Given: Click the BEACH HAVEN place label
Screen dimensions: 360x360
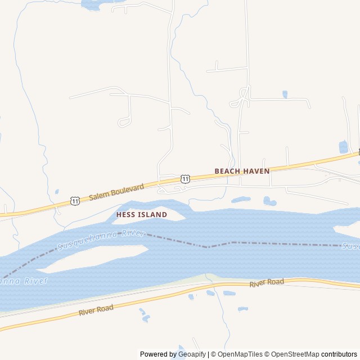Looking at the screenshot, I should click(x=242, y=170).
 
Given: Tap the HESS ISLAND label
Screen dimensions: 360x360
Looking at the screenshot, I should click(x=142, y=215).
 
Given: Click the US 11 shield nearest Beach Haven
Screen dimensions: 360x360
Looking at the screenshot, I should click(x=186, y=178).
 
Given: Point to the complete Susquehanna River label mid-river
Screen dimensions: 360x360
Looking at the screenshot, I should click(x=101, y=240).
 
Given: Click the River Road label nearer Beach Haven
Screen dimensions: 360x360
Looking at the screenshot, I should click(x=267, y=283).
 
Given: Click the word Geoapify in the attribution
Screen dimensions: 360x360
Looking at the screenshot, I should click(x=192, y=354).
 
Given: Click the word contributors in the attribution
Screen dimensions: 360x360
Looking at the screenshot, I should click(x=339, y=354).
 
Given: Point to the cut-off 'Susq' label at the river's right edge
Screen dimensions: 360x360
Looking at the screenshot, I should click(x=351, y=246).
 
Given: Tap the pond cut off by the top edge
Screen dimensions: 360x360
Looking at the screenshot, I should click(x=93, y=4).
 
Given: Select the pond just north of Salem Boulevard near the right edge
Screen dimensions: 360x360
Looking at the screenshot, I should click(x=343, y=147).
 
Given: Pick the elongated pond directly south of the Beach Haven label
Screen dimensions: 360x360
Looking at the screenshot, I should click(x=241, y=199).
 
